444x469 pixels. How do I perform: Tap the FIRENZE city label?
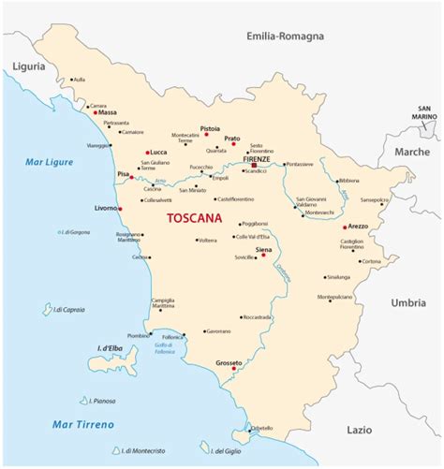point(257,159)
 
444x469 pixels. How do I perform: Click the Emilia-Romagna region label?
point(285,37)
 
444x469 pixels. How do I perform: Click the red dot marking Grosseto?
point(233,369)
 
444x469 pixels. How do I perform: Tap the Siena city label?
point(264,249)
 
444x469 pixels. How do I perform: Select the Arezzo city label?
point(359,226)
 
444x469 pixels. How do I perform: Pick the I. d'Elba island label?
point(113,349)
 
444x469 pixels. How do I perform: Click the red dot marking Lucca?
point(148,152)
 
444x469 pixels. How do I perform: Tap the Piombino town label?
point(139,335)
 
